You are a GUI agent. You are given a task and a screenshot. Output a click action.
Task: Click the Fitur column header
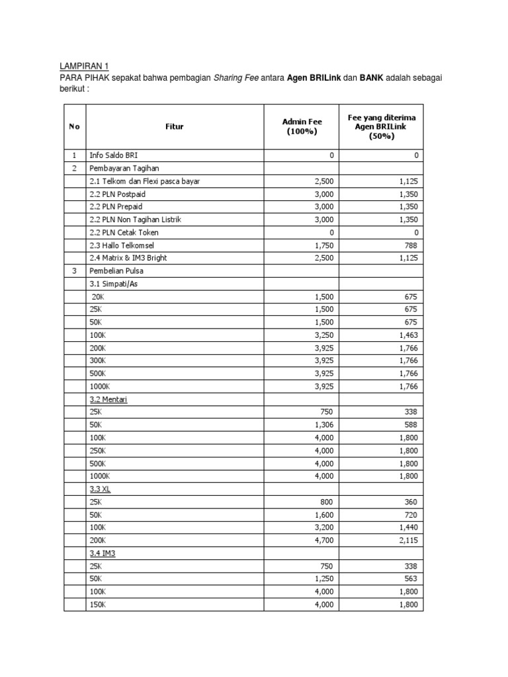175,126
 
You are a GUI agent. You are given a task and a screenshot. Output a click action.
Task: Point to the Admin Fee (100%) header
302,126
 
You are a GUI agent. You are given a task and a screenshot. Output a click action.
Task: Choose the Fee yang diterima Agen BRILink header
380,126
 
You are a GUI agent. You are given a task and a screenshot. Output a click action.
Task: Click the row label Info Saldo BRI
114,155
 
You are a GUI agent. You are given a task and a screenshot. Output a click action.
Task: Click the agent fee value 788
411,245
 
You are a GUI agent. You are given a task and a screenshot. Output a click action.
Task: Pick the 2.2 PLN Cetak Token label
124,232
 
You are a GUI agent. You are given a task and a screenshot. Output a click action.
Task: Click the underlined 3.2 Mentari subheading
108,399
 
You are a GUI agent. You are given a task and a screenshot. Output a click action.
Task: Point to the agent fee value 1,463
407,335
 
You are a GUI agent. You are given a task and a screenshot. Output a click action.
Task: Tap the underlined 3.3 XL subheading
99,489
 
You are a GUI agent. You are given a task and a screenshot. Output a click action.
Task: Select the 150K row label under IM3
97,605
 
